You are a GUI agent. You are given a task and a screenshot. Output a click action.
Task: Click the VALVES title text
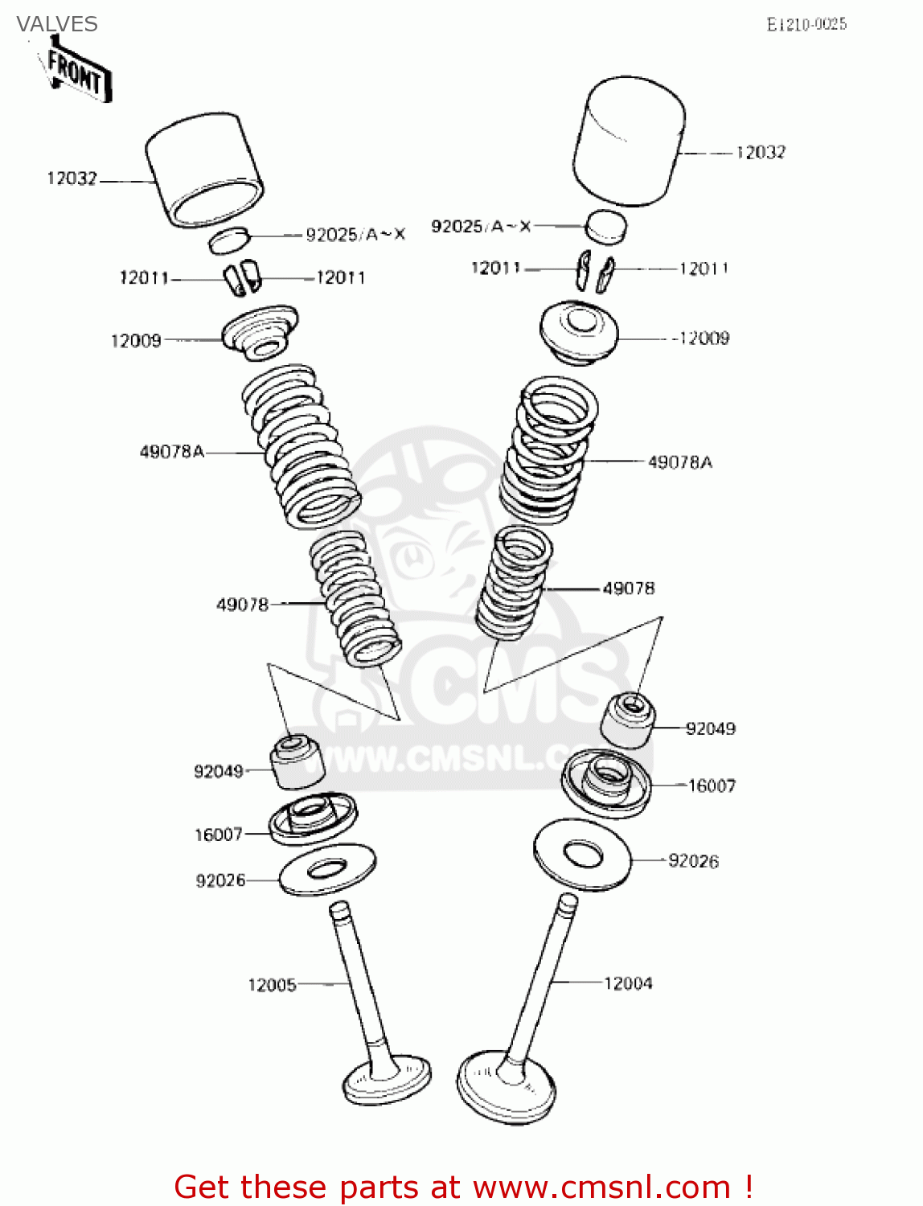[x=57, y=24]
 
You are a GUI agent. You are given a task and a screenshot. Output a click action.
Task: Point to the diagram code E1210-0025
[x=806, y=25]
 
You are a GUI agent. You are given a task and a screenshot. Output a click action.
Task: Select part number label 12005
[x=272, y=985]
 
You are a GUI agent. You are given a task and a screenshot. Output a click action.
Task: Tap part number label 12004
[x=628, y=983]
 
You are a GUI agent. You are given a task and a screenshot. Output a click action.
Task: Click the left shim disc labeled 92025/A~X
[x=231, y=240]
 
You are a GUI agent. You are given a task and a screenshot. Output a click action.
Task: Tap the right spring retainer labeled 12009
[x=578, y=332]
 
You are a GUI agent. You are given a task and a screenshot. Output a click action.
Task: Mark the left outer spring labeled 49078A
[x=301, y=445]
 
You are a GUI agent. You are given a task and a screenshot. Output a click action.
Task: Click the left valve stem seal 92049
[x=296, y=761]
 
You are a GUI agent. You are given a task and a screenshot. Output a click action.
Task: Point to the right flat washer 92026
[x=582, y=854]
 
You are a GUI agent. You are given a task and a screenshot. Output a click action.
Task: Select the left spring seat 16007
[x=312, y=818]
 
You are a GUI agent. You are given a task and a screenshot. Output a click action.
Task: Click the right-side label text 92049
[x=710, y=728]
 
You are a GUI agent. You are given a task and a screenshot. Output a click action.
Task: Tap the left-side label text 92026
[x=220, y=880]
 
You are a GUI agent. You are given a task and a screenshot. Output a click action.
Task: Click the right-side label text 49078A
[x=679, y=462]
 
